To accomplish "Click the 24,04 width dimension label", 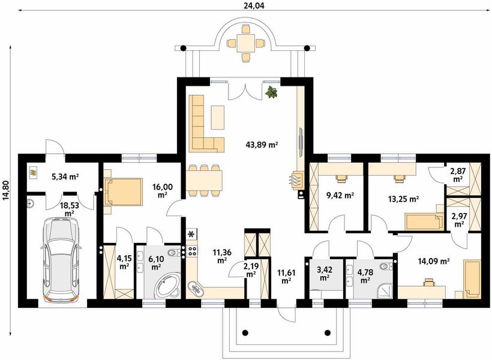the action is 251,5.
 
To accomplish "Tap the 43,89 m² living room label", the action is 262,145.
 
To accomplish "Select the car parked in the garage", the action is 61,260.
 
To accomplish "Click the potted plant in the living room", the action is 271,92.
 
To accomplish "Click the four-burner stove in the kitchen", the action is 192,250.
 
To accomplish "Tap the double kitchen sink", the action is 195,288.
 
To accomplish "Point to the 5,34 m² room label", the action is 65,176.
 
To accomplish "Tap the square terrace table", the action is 245,43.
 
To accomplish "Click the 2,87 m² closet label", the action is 458,175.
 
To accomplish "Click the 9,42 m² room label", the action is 340,196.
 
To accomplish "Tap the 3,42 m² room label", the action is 325,273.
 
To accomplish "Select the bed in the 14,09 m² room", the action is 472,278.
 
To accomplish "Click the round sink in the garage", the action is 30,203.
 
